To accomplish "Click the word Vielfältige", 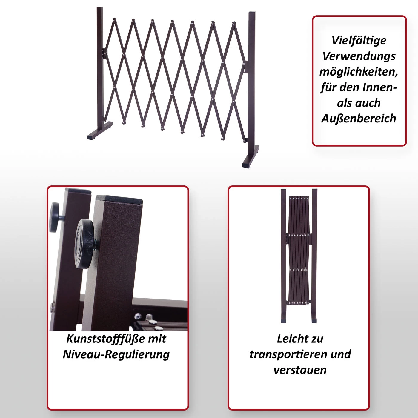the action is pos(359,41).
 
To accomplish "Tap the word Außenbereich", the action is pos(359,119).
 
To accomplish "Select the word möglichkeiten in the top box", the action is pos(359,72).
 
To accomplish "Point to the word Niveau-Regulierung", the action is pos(116,355).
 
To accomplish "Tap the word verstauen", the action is pos(300,370).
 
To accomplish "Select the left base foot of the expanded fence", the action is pos(100,130).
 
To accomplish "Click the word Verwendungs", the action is pos(359,56).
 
